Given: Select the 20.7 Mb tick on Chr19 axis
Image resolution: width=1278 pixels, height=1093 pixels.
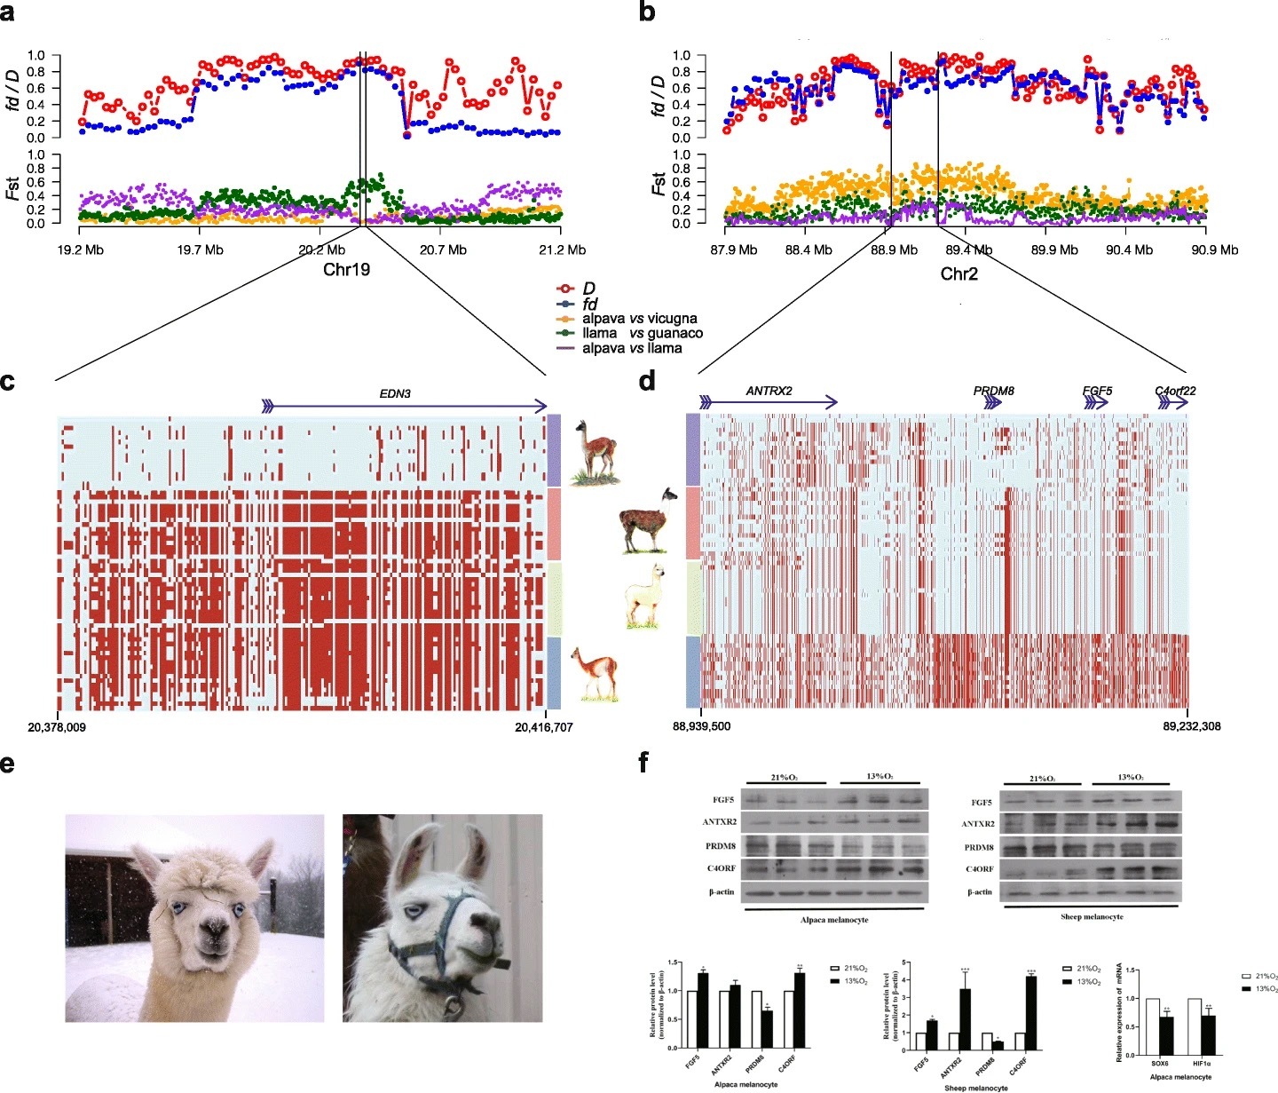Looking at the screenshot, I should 444,249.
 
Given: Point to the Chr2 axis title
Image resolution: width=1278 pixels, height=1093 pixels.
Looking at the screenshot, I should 958,274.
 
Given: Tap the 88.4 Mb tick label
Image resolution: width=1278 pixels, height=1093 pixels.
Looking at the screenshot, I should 809,249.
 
